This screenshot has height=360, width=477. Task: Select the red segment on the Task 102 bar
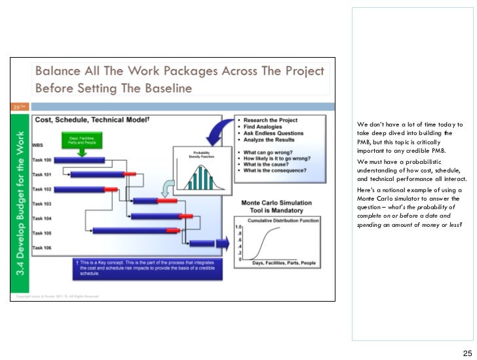pyautogui.click(x=110, y=188)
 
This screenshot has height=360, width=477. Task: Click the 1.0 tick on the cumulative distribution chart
pyautogui.click(x=238, y=227)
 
